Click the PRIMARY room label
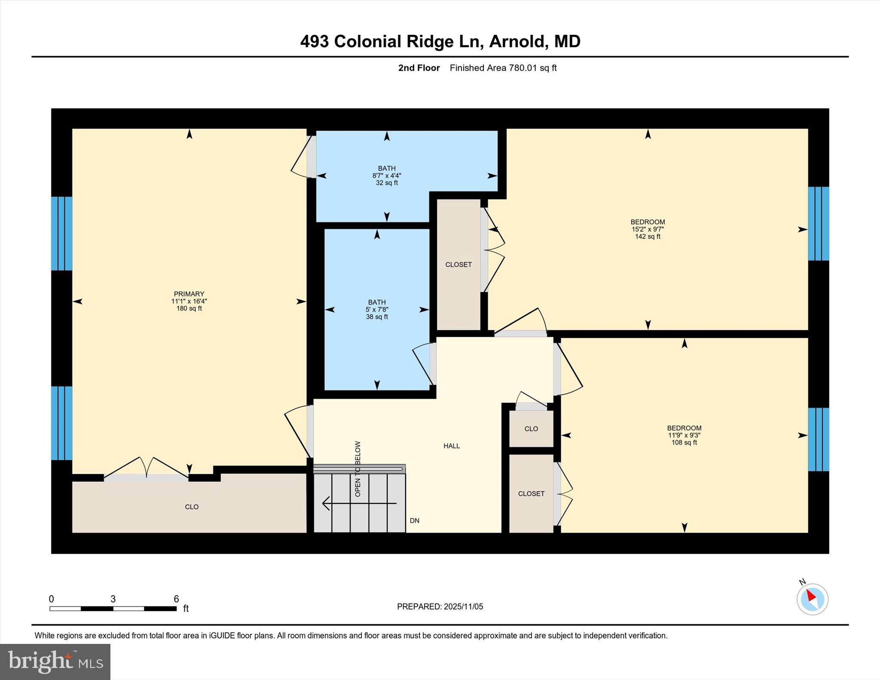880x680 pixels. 189,294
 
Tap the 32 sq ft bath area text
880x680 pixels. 387,183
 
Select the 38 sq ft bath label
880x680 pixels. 377,317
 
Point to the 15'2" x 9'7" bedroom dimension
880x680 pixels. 648,229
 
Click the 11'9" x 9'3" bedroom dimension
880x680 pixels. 684,435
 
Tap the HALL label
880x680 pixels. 452,446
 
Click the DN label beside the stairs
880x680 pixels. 414,521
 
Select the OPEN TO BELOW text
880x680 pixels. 358,469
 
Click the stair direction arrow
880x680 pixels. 359,503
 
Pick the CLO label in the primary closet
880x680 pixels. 192,507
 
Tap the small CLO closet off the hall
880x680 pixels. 531,429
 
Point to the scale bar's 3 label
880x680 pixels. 113,599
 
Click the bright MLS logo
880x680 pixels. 55,662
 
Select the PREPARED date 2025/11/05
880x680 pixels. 463,607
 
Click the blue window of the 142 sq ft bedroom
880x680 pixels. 818,224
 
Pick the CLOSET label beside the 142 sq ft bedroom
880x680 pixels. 458,265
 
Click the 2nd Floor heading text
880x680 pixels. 419,68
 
